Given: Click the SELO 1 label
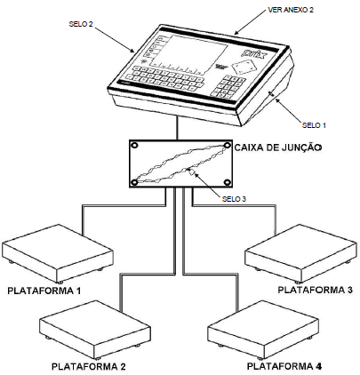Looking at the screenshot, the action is [x=314, y=125].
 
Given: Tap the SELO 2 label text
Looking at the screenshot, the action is [x=81, y=24].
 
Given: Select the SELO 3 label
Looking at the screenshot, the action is [x=234, y=199].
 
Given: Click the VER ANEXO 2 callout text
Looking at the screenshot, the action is [x=291, y=10].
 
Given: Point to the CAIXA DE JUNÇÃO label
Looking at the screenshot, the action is [x=278, y=148].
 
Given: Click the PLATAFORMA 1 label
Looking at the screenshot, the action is [x=44, y=291].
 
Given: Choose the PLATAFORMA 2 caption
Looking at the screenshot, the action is [x=89, y=366].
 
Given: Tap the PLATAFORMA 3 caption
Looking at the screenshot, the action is [x=315, y=290].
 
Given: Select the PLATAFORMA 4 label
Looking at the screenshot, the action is [x=284, y=366].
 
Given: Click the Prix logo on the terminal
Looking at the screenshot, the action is [x=252, y=53].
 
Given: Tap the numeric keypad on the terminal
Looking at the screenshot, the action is [x=228, y=87].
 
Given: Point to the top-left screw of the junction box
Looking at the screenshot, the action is [x=134, y=146].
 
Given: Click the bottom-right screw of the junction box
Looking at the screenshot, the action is [x=228, y=182].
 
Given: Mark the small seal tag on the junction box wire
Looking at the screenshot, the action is [x=191, y=172].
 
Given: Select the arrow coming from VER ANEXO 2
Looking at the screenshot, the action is [x=251, y=22].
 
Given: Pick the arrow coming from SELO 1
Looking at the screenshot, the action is [x=289, y=110].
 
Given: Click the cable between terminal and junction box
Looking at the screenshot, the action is [x=177, y=127].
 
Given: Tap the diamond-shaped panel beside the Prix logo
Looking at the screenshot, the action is [x=243, y=67].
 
